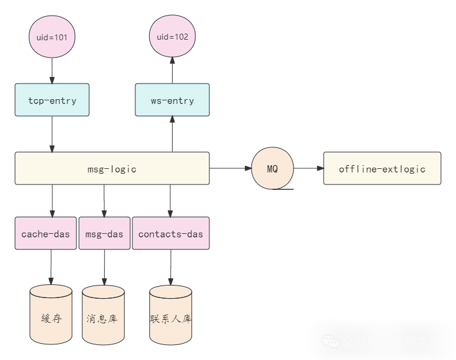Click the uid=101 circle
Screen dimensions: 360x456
pyautogui.click(x=52, y=37)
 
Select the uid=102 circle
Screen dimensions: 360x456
pyautogui.click(x=172, y=37)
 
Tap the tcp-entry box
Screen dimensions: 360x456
pyautogui.click(x=52, y=100)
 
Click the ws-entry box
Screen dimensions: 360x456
pyautogui.click(x=172, y=100)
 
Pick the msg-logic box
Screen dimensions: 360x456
pyautogui.click(x=112, y=168)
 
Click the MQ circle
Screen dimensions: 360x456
pyautogui.click(x=273, y=168)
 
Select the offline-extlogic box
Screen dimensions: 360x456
pyautogui.click(x=382, y=168)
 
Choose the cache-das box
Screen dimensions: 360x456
pyautogui.click(x=46, y=233)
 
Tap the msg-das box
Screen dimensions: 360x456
pyautogui.click(x=104, y=233)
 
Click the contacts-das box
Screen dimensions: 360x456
pyautogui.click(x=171, y=233)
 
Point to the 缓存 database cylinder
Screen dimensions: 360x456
pyautogui.click(x=51, y=315)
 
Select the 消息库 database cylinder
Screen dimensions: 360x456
pyautogui.click(x=103, y=315)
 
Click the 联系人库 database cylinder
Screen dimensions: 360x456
pyautogui.click(x=171, y=315)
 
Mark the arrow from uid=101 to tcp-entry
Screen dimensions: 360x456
pyautogui.click(x=52, y=71)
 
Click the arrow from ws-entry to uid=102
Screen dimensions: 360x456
pyautogui.click(x=172, y=70)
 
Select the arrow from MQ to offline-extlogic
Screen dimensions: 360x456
pyautogui.click(x=308, y=168)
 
